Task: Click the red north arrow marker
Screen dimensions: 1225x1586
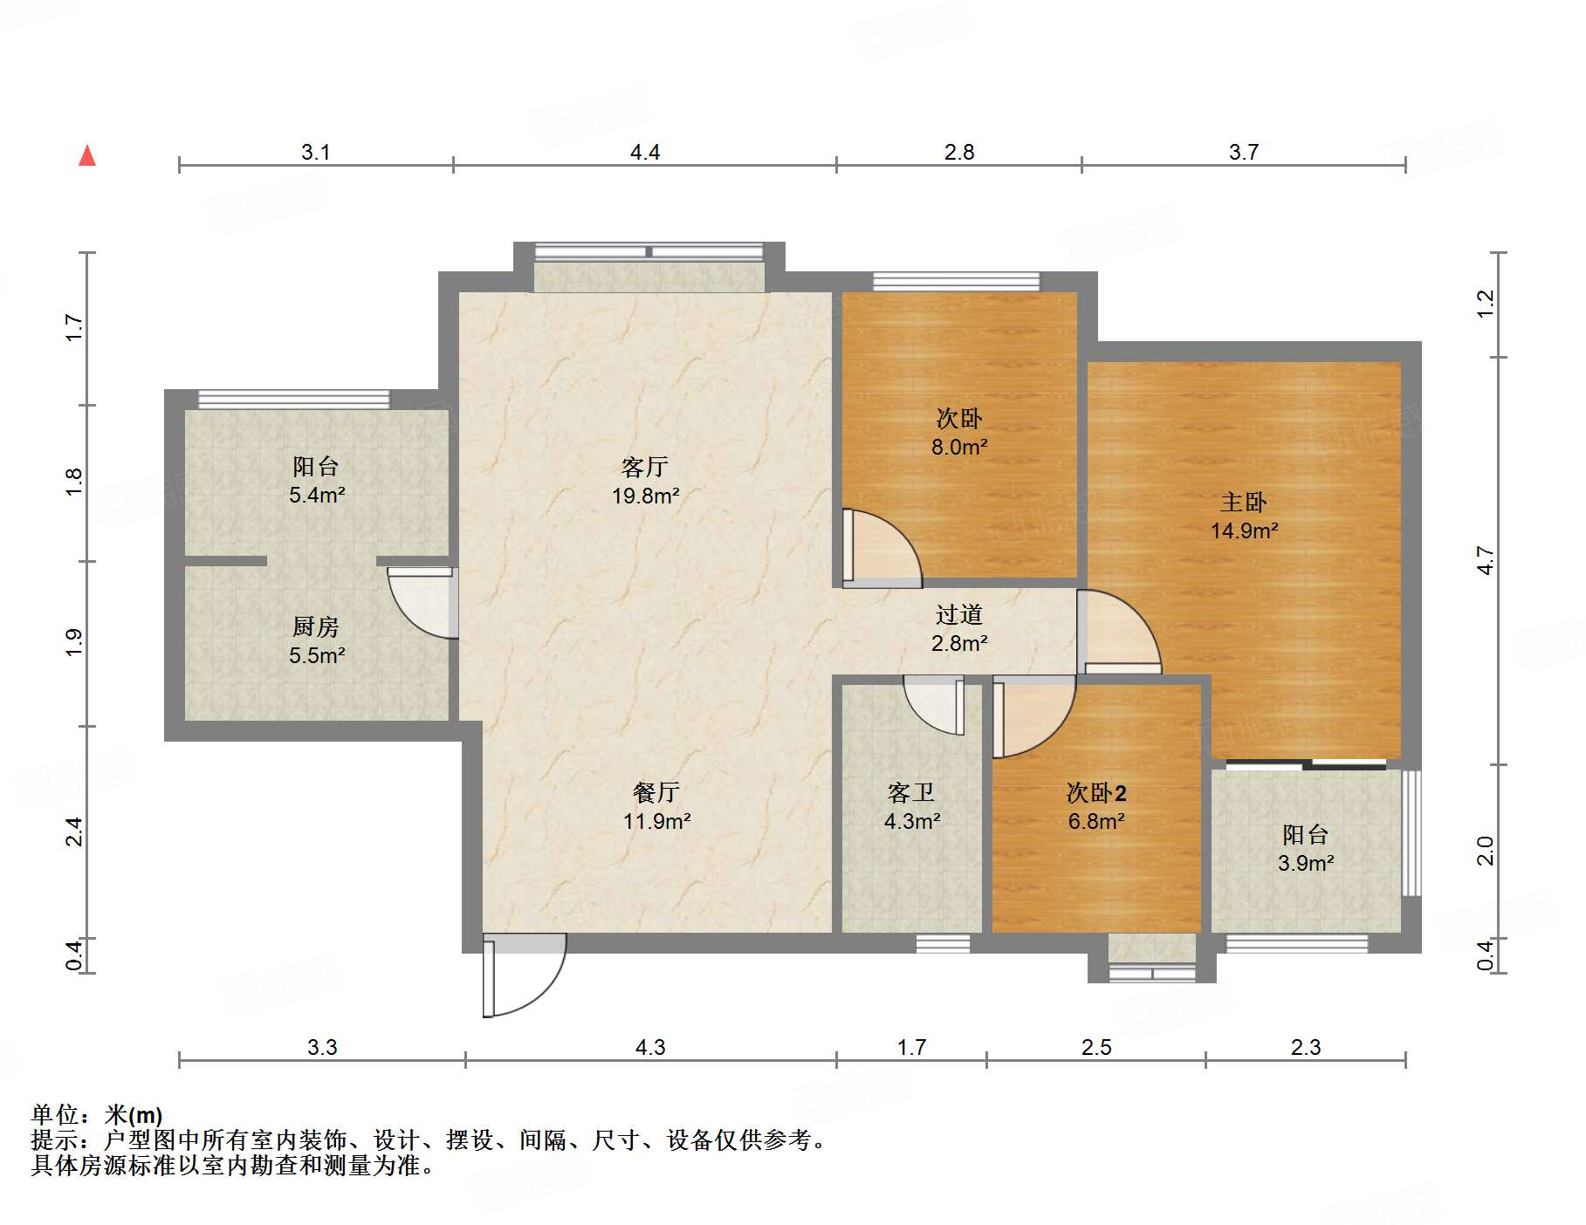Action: click(87, 156)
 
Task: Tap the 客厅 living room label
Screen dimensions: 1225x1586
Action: click(645, 467)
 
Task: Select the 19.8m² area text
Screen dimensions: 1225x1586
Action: click(645, 496)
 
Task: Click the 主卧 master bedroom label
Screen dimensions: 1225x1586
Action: click(1243, 503)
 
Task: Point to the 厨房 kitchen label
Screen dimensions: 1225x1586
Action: click(315, 626)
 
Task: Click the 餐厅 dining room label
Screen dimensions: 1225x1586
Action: click(656, 792)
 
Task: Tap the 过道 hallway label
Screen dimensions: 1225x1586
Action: click(958, 615)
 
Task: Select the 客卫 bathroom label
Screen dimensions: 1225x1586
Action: click(910, 792)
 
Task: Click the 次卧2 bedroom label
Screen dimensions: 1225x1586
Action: click(1096, 792)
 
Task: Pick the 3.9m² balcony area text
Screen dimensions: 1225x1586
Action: click(1305, 864)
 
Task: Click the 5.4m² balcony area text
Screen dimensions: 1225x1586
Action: click(317, 496)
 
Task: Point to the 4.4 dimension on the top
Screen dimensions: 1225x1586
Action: click(645, 152)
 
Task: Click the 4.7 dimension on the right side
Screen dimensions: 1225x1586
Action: click(1485, 560)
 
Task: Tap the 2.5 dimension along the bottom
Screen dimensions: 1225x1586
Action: click(1096, 1047)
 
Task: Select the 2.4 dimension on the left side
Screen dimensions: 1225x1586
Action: click(74, 831)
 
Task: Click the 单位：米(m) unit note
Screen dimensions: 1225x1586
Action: click(97, 1114)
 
